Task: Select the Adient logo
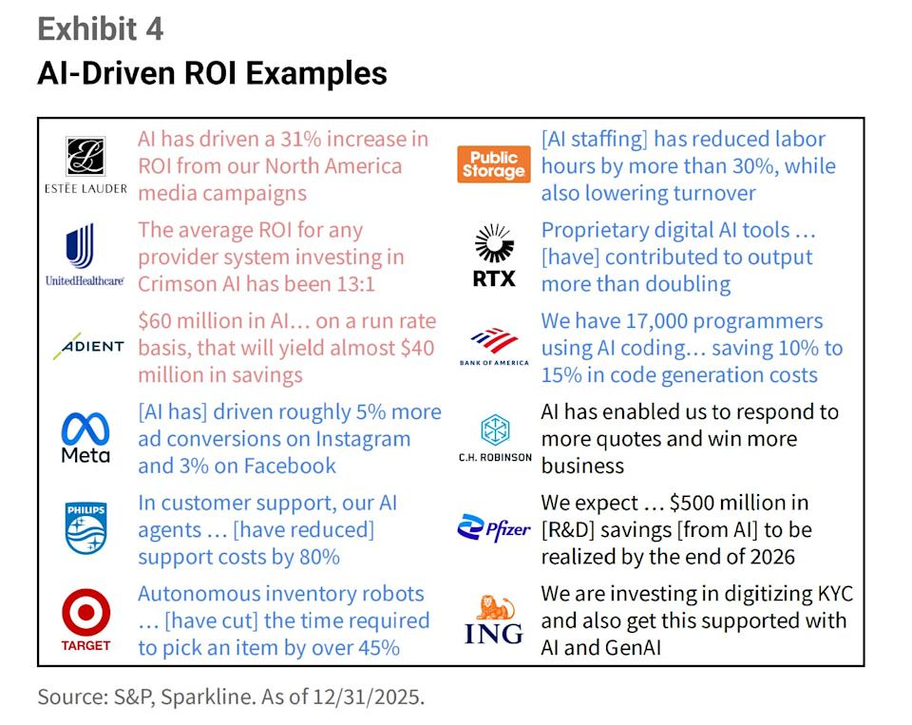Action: click(86, 347)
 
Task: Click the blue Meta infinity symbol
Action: click(85, 427)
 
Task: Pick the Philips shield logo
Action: click(85, 529)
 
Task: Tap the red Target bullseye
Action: click(85, 613)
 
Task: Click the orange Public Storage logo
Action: click(492, 165)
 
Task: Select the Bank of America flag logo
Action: click(494, 339)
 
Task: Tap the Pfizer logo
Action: click(494, 527)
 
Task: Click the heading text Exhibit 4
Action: click(100, 29)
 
